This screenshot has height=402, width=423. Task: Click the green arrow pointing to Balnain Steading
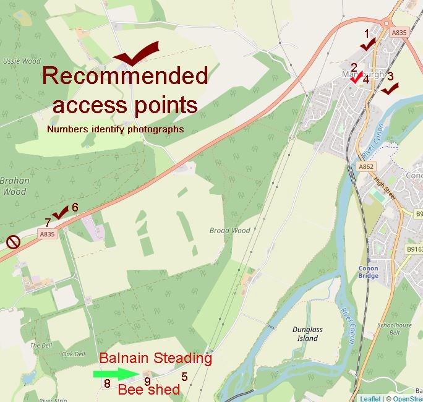pos(113,374)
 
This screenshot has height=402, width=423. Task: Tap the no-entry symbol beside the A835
pos(13,242)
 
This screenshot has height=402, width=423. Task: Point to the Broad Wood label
pos(230,231)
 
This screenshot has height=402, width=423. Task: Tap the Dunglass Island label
pos(307,334)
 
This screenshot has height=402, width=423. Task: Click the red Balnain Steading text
pos(156,359)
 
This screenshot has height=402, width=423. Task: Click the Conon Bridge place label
pos(368,272)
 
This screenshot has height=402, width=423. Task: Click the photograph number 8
pos(107,384)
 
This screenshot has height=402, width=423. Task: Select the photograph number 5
pos(184,376)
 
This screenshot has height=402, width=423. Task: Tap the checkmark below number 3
pos(390,89)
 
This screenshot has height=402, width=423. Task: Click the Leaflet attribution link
pos(370,398)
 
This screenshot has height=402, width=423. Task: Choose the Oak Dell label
pos(73,354)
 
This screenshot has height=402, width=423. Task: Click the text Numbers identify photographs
pos(116,129)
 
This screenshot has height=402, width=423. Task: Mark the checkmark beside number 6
pos(61,213)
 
